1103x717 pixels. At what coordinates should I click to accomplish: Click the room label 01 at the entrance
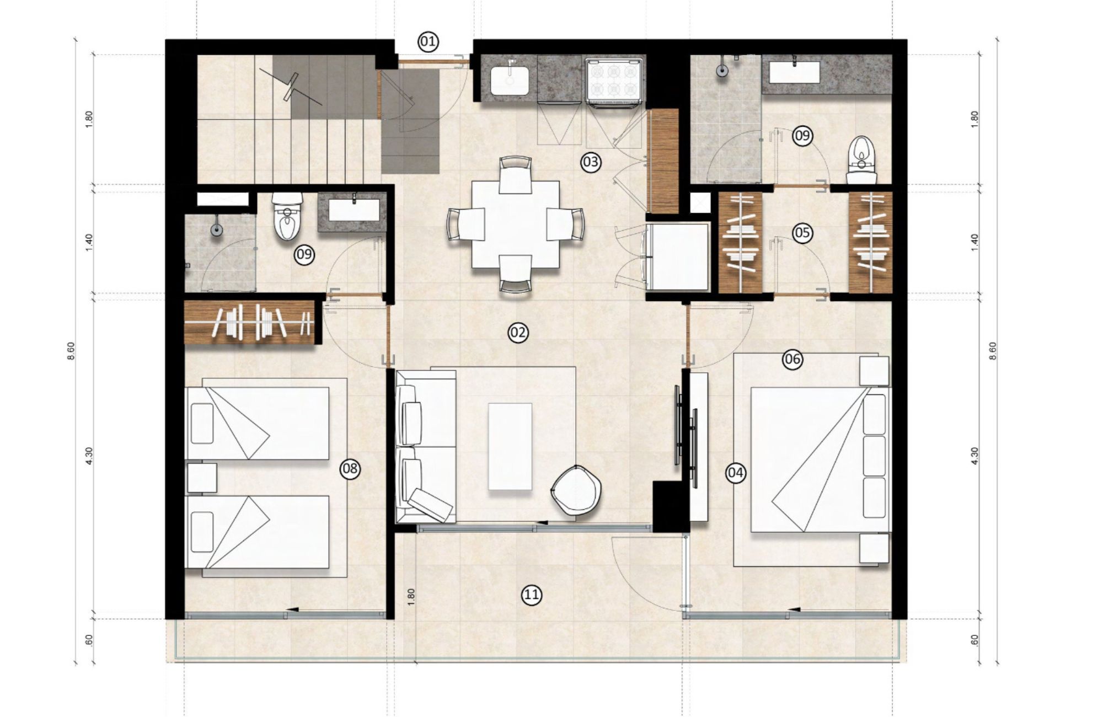[x=428, y=41]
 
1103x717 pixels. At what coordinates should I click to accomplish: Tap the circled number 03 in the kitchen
[x=590, y=162]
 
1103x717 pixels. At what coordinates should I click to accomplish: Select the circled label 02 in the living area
[x=518, y=332]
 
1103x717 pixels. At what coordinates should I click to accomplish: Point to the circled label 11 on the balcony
[x=531, y=594]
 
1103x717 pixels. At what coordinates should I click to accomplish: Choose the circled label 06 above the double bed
[x=793, y=360]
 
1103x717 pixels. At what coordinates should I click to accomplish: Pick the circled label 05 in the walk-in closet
[x=802, y=233]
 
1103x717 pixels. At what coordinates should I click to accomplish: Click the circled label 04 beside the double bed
[x=736, y=472]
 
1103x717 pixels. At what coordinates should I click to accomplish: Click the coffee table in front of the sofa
[x=510, y=446]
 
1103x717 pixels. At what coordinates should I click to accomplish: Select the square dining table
[x=516, y=225]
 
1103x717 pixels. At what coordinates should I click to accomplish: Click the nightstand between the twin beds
[x=202, y=478]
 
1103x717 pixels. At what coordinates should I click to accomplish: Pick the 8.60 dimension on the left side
[x=71, y=351]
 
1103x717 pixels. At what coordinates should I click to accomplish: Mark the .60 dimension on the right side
[x=974, y=640]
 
